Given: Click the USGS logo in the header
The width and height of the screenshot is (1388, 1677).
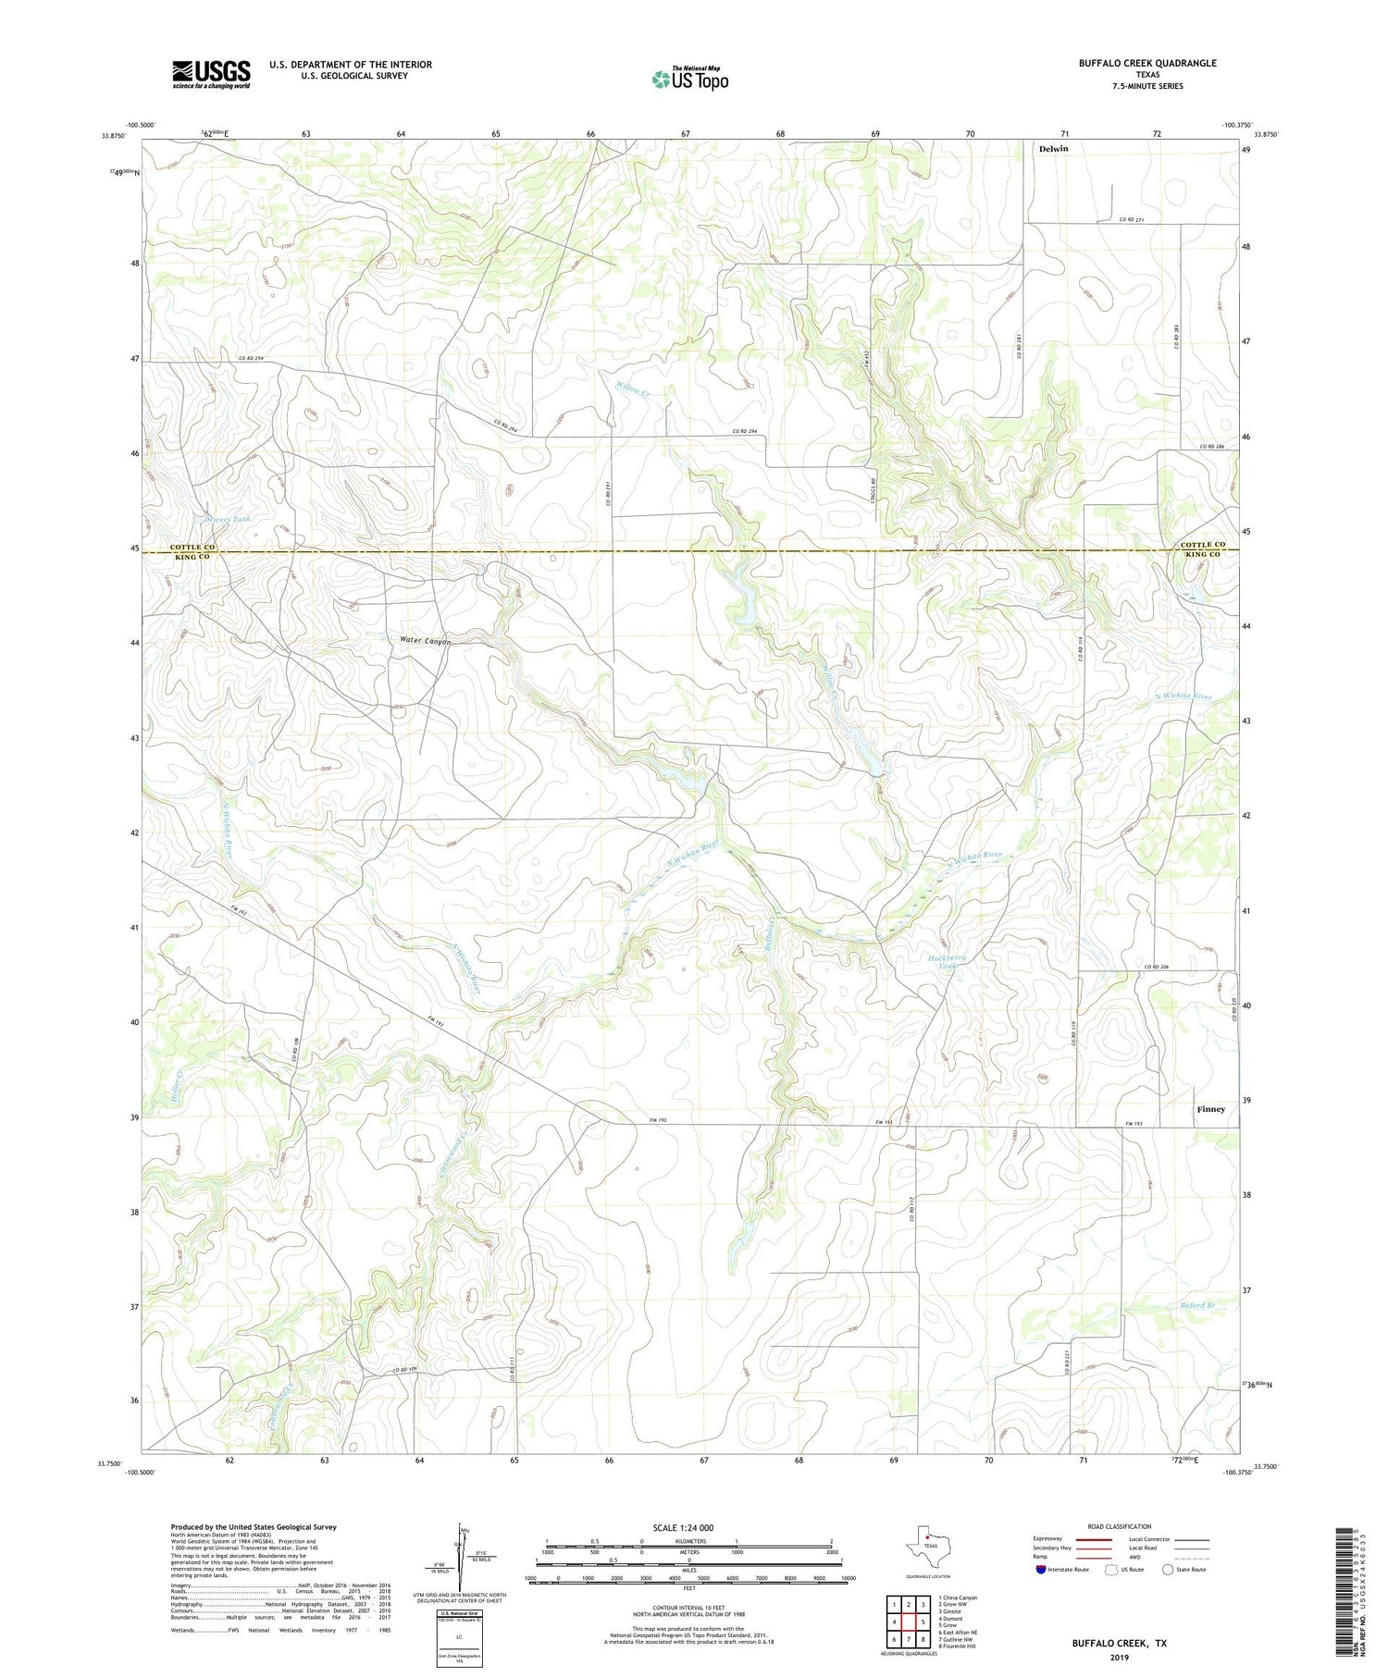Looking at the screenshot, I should point(211,74).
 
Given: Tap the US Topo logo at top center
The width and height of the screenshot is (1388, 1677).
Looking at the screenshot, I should point(689,80).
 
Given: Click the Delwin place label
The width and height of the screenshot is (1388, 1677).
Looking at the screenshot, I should point(1053,149).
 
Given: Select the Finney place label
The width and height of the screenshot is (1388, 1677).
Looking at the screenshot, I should point(1210,1109).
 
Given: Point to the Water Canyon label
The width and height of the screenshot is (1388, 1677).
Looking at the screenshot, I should point(426,641).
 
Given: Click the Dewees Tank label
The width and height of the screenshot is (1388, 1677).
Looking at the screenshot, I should point(228,519).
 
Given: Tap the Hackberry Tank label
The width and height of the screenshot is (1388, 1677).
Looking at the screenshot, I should point(947,962).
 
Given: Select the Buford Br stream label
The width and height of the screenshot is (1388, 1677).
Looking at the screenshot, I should point(1196,1305).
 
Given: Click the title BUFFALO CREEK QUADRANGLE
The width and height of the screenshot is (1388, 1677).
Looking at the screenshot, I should point(1147,63).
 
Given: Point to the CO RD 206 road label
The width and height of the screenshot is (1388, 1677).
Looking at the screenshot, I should point(1157,967).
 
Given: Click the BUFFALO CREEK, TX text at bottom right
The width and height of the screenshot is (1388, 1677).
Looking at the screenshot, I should point(1119,1644).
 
